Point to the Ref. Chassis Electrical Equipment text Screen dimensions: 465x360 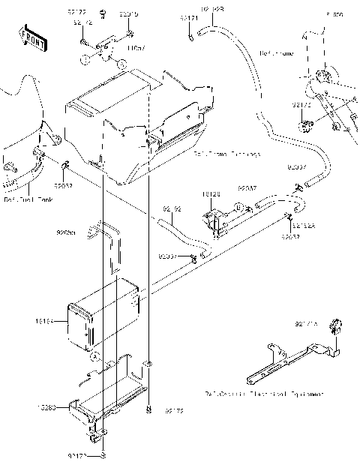point(264,392)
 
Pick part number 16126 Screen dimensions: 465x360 point(211,194)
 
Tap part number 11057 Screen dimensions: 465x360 point(136,48)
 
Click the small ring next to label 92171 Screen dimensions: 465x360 point(192,34)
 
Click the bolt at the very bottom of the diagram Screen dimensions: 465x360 point(103,455)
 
